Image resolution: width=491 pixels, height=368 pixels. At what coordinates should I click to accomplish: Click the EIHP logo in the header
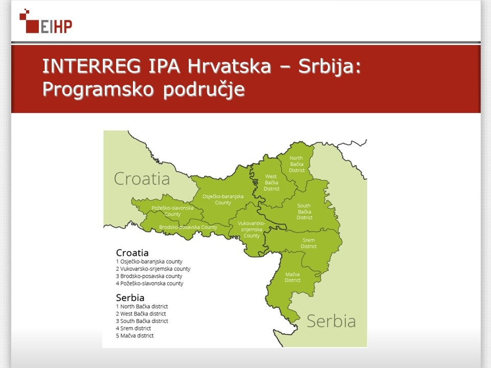coord(46,21)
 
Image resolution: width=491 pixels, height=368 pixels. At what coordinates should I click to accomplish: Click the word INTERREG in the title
coord(92,66)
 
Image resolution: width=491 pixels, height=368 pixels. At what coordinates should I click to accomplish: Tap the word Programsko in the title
coord(98,89)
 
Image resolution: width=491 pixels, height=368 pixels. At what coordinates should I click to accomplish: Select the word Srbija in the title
coord(330,66)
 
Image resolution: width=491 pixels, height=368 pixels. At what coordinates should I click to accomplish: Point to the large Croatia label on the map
coord(142,179)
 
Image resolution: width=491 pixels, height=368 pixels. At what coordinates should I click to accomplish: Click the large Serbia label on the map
coord(331,321)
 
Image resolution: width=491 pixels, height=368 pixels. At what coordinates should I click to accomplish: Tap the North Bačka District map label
coord(297,164)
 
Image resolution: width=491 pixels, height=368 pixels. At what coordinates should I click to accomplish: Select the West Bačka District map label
coord(271,183)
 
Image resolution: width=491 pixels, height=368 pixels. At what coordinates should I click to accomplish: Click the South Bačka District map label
coord(304,212)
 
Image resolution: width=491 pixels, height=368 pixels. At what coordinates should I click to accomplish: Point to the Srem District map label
coord(308,243)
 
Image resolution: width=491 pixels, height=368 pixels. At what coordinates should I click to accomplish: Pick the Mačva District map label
coord(292,277)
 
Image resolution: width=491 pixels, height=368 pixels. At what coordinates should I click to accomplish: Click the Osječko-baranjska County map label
coord(223,199)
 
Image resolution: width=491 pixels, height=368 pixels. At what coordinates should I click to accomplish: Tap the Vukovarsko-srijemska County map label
coord(252,229)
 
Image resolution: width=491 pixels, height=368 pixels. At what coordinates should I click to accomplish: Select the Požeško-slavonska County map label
coord(172,211)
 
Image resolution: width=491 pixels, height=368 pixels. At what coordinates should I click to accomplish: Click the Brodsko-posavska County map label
coord(188,227)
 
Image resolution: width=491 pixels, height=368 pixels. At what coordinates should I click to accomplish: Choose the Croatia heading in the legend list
coord(132,252)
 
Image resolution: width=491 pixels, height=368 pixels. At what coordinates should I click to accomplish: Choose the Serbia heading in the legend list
coord(130,297)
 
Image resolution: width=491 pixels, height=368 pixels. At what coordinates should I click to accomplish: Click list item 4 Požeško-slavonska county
coord(150,284)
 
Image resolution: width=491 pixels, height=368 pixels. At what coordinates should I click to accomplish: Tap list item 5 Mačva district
coord(135,336)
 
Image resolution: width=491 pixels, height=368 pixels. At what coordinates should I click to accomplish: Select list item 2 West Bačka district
coord(141,314)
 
